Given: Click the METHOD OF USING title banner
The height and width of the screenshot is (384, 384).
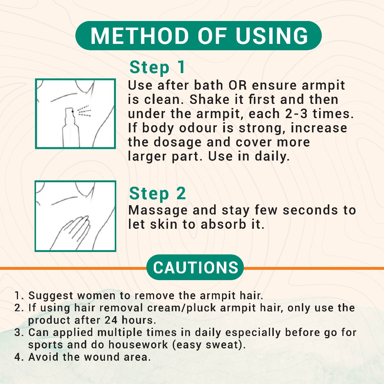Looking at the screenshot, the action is click(198, 36).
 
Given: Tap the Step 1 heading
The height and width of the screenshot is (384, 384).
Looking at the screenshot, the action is click(157, 67).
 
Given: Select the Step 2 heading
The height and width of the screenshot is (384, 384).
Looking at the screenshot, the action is click(157, 194).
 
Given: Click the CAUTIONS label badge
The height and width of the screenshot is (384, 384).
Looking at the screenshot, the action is click(195, 267).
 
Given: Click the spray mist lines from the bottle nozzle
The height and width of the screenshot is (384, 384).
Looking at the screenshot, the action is click(84, 111).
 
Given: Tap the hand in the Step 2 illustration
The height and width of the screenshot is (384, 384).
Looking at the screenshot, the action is click(71, 232).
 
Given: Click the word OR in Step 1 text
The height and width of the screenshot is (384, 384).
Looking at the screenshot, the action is click(237, 85).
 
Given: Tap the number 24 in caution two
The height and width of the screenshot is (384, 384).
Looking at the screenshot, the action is click(111, 320).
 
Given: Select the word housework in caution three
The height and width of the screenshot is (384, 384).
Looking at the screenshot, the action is click(138, 345).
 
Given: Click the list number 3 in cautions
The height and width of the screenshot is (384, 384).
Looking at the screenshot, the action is click(18, 333).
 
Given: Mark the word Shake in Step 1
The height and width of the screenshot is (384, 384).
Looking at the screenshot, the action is click(209, 99).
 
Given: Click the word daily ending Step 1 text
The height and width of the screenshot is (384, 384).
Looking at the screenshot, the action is click(272, 157).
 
